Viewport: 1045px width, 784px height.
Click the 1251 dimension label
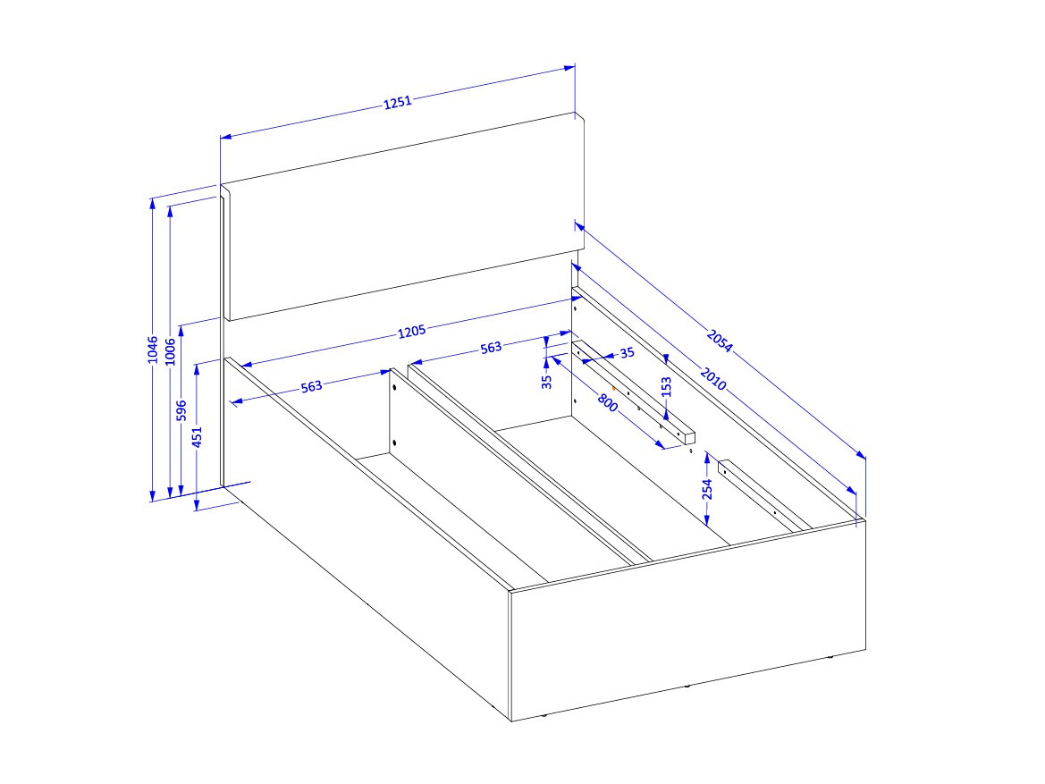398,102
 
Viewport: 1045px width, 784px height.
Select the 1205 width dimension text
411,332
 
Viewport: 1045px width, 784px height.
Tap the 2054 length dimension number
719,341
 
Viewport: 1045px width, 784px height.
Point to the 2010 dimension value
713,378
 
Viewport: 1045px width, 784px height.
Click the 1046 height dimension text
153,350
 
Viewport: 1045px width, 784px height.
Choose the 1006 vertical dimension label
170,352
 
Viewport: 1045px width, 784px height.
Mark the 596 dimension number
181,410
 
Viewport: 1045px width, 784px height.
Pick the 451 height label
197,437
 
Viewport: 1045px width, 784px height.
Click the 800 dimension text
608,402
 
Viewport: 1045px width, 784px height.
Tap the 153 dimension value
666,387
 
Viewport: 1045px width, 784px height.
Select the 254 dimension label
707,489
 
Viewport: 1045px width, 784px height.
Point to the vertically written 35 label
546,382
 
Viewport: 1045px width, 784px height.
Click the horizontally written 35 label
628,353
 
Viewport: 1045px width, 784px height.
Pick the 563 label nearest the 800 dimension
491,348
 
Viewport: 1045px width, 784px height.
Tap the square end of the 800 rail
689,438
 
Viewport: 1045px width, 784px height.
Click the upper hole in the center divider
394,387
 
